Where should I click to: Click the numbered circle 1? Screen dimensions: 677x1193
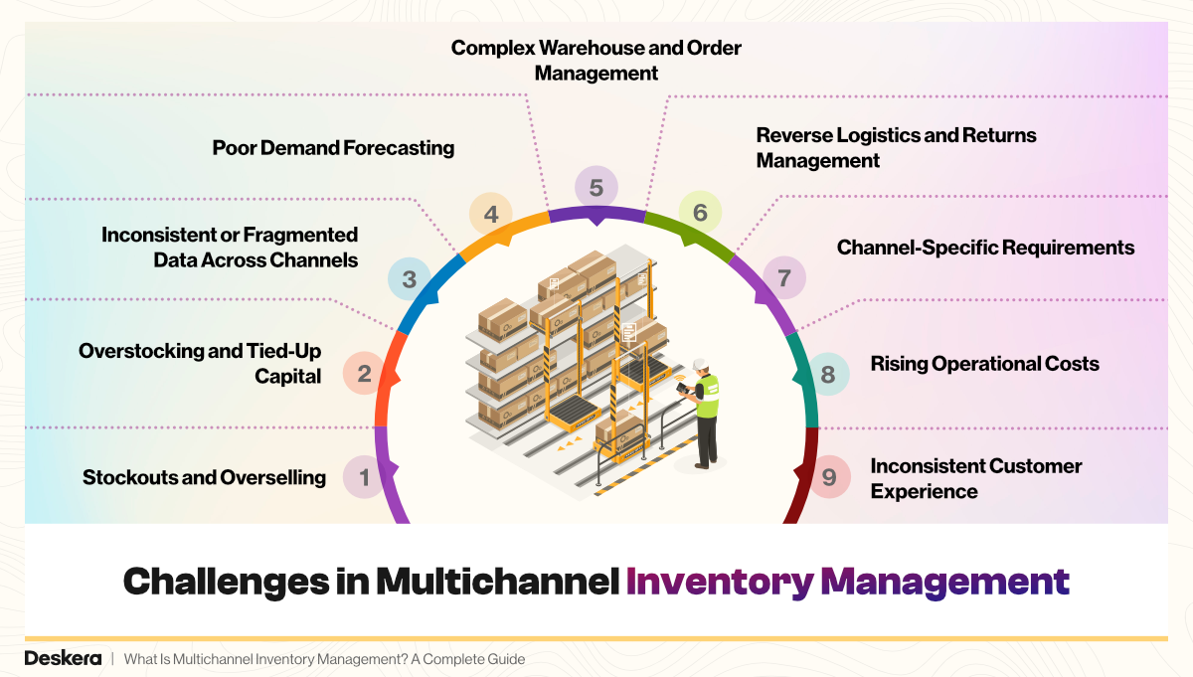364,477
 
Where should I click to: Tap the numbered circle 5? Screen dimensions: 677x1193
596,187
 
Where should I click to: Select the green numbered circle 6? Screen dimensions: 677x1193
700,212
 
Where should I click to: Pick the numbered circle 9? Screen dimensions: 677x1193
829,478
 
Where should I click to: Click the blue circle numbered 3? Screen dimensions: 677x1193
409,279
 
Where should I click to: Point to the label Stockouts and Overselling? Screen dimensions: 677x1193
204,477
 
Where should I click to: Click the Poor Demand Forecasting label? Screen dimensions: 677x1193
333,148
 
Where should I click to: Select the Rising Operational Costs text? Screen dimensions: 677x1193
984,364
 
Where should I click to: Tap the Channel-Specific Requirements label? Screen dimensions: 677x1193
984,248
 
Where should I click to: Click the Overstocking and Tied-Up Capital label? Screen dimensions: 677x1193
200,363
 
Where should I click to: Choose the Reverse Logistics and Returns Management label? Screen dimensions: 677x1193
895,147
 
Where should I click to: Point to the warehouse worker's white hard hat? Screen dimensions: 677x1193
700,363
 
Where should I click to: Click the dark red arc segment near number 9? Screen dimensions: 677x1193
801,477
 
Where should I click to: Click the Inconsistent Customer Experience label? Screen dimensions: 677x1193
974,478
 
